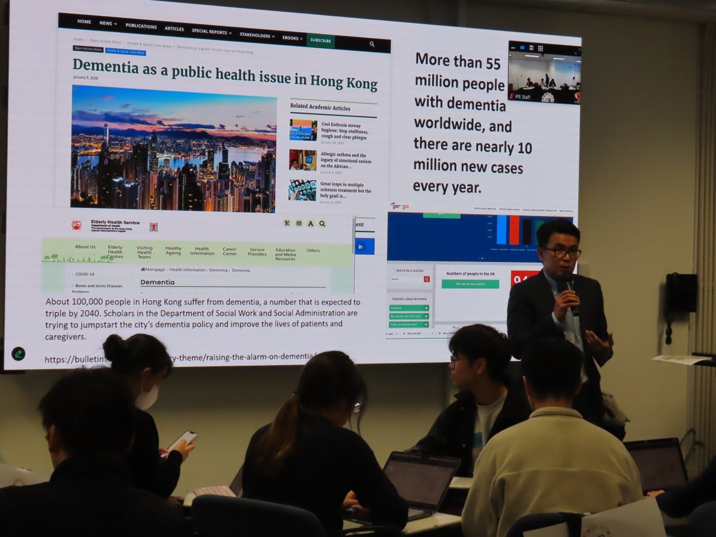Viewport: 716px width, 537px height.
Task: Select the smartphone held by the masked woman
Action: pos(181,442)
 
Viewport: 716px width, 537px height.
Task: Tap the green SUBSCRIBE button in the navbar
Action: pos(320,41)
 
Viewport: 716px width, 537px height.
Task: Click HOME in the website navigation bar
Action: pos(84,21)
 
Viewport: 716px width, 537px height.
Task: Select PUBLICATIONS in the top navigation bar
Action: pos(141,26)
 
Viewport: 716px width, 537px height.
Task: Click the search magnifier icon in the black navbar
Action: pos(372,44)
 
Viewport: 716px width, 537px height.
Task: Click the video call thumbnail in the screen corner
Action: pos(544,72)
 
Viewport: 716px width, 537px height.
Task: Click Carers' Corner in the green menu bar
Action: pos(230,251)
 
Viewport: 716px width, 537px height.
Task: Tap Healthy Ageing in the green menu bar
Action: pos(173,251)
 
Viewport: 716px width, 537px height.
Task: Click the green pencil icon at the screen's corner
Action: pos(18,354)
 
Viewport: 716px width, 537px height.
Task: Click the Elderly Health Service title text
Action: pos(115,222)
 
